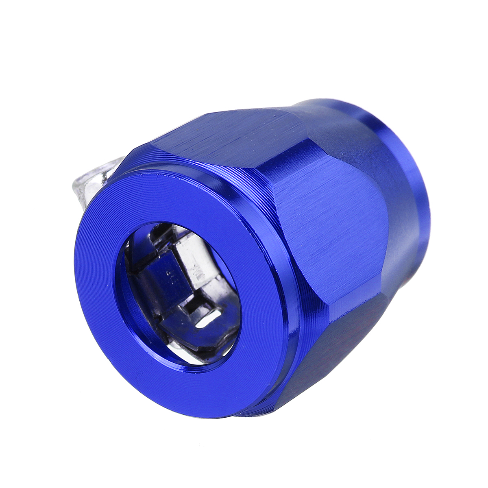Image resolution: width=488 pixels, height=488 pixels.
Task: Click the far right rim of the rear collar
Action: (427, 191)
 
